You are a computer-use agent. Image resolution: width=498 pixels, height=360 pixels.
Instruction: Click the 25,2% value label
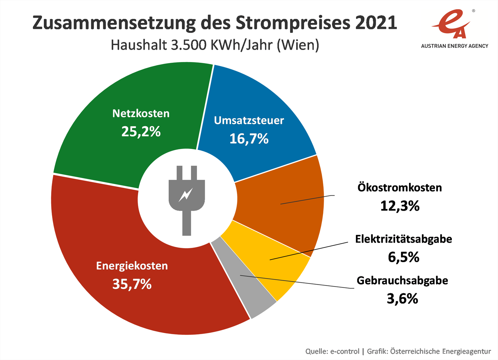coord(141,132)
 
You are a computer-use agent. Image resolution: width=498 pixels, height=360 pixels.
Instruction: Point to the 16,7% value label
coord(249,139)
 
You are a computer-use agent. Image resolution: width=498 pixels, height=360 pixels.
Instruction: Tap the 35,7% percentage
coord(132,284)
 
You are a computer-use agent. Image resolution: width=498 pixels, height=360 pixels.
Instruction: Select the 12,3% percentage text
coord(400,206)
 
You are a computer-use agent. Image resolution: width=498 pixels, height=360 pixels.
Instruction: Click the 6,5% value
coord(403,257)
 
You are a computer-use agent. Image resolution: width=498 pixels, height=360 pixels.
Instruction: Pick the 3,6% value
coord(402,299)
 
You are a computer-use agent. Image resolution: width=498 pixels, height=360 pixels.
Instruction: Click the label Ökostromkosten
coord(400,188)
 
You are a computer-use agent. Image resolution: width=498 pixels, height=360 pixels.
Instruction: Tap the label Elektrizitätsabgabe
coord(403,239)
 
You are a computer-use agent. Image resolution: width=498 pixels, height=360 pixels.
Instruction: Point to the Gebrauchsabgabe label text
coord(402,281)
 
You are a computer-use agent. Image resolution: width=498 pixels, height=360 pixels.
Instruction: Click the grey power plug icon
coord(187,199)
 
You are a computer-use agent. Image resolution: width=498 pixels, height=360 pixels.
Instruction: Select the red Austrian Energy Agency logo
coord(452,25)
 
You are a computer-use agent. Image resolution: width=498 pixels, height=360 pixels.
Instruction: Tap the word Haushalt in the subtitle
coord(139,45)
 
